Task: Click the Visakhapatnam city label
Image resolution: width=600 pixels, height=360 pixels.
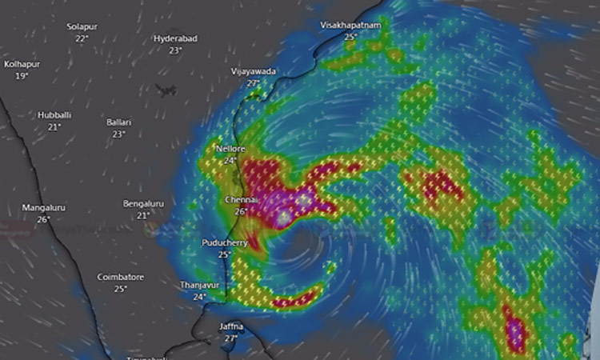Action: click(350, 26)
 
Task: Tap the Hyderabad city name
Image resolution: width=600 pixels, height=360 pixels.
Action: click(175, 38)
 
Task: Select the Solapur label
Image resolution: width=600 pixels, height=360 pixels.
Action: click(82, 26)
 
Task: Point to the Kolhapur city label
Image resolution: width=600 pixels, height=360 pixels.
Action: click(22, 63)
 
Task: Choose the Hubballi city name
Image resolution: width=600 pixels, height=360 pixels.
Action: click(54, 115)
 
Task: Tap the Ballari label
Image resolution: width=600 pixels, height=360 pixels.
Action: click(118, 122)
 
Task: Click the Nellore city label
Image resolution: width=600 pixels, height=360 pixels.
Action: click(230, 150)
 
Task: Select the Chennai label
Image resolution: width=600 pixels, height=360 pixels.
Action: click(242, 199)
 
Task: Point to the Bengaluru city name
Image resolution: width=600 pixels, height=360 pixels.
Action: click(143, 204)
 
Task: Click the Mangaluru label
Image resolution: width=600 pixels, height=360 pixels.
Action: click(43, 207)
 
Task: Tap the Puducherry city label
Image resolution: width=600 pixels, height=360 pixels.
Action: click(225, 242)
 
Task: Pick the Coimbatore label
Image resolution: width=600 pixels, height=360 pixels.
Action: click(120, 277)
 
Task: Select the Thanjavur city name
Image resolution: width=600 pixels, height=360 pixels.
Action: click(199, 285)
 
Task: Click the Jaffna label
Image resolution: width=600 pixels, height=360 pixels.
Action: click(231, 326)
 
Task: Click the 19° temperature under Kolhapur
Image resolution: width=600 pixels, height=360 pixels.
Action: click(22, 75)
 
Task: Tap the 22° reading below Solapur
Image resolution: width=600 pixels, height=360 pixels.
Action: click(82, 38)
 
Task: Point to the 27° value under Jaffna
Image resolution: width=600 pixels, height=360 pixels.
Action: click(231, 338)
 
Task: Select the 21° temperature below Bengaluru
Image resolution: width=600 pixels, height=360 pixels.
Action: click(143, 216)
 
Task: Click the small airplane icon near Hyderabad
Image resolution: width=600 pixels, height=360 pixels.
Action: click(167, 90)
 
